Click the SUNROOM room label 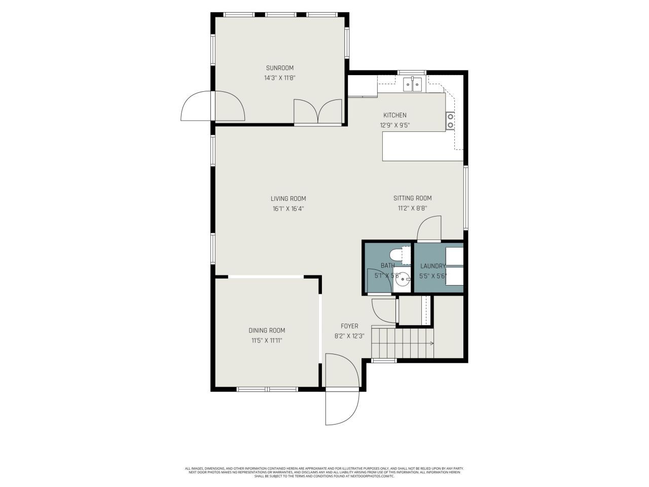coord(280,68)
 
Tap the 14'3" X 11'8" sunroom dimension coord(280,78)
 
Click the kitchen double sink coord(413,84)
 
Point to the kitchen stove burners coord(450,121)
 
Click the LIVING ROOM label coord(288,199)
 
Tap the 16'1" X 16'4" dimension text coord(288,208)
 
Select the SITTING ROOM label coord(412,198)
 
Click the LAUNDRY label coord(432,266)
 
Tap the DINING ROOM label coord(267,330)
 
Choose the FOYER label coord(349,326)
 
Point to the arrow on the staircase coord(431,343)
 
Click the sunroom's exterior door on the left coord(197,107)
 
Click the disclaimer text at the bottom coord(324,472)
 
